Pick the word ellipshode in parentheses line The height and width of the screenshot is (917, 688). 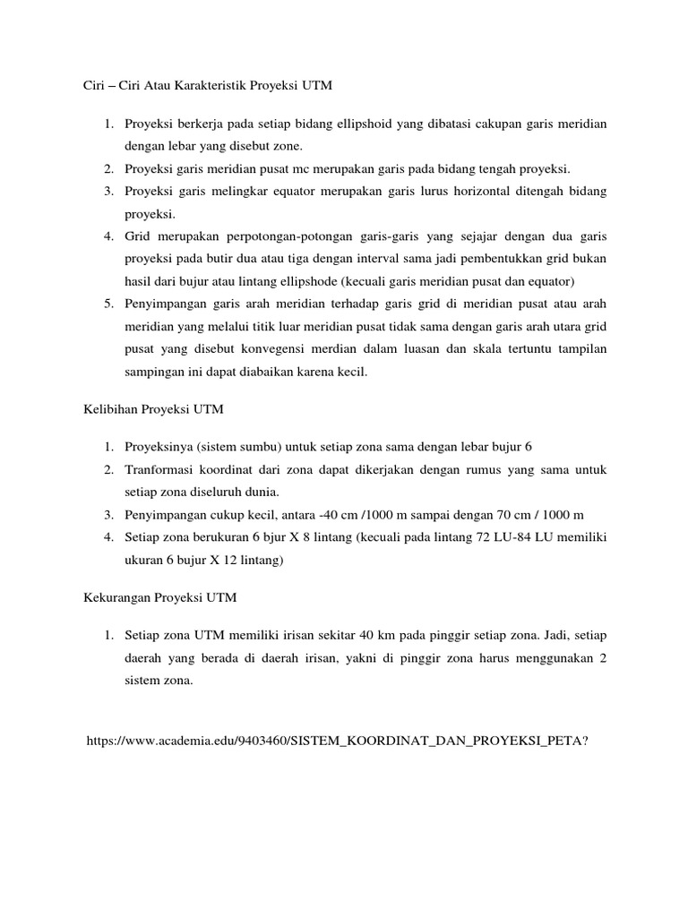(323, 282)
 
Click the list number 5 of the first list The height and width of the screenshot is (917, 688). (107, 305)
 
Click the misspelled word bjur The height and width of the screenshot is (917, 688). (267, 538)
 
